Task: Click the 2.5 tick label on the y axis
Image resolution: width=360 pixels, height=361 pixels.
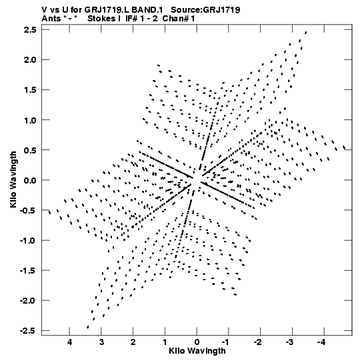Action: (30, 30)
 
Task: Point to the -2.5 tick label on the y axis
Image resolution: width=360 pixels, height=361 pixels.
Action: (28, 331)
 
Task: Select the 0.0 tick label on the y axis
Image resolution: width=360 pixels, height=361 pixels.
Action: (30, 180)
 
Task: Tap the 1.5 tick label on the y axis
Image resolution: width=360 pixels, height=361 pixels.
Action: (30, 90)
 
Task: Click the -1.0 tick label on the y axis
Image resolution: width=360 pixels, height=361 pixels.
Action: (28, 241)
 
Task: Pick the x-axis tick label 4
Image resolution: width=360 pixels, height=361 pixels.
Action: (69, 342)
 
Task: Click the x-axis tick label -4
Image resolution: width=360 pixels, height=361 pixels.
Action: (321, 342)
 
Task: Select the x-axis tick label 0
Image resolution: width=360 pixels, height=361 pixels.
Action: (197, 342)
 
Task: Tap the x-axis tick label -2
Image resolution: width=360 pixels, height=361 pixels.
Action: (258, 342)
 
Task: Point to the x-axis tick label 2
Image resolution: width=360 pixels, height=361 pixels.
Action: (133, 342)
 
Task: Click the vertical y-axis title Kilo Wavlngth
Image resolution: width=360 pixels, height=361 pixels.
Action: (13, 179)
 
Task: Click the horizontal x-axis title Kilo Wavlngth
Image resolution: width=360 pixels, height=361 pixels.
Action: (197, 351)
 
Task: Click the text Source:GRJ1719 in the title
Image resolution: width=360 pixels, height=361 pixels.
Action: (205, 10)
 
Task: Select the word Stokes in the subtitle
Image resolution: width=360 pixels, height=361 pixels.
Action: (102, 19)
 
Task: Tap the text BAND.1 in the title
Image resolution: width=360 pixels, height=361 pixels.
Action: (147, 10)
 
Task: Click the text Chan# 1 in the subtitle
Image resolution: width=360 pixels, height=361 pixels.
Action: (179, 19)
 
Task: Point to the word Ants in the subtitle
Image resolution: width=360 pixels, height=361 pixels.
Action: (51, 19)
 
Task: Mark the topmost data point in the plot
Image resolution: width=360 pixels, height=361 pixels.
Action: (306, 33)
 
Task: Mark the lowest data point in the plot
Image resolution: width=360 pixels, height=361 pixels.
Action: (87, 327)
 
